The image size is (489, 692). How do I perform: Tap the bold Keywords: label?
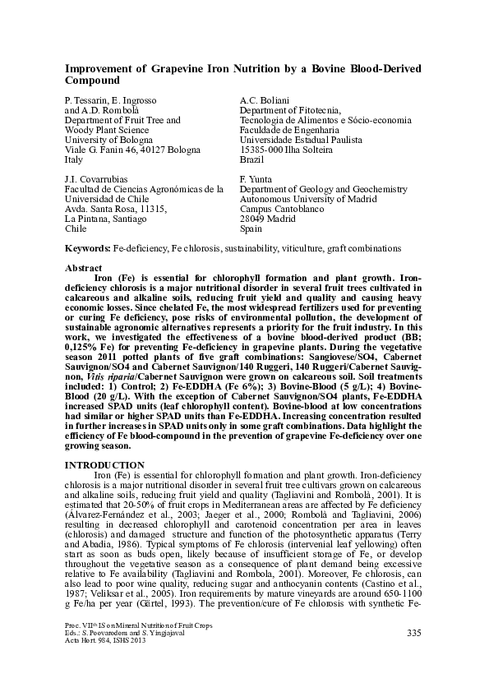[x=88, y=247]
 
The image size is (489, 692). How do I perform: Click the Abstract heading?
[x=83, y=268]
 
